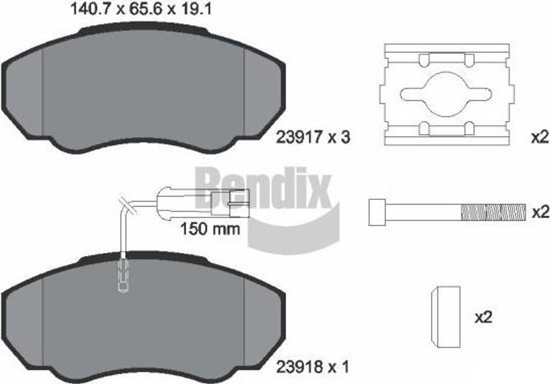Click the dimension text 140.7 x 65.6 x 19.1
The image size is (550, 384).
click(x=141, y=9)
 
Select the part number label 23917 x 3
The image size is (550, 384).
click(x=313, y=137)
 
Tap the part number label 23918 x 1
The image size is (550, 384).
click(x=313, y=367)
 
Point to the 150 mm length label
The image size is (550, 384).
click(x=210, y=229)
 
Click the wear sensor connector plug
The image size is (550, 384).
click(x=204, y=203)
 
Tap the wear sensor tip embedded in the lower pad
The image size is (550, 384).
click(x=123, y=277)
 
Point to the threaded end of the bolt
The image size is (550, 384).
click(x=493, y=212)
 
